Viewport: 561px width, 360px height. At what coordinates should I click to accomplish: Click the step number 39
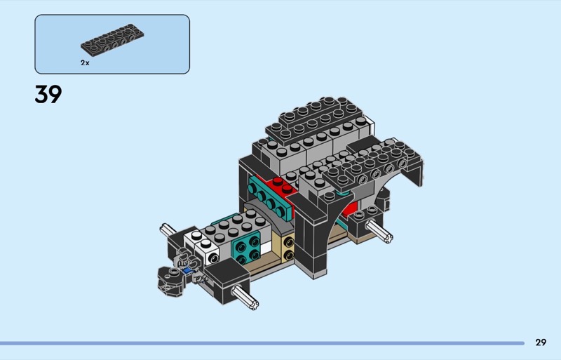(48, 94)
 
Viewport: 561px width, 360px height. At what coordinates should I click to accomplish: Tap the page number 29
(541, 342)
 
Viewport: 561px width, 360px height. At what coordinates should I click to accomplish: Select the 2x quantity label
(85, 62)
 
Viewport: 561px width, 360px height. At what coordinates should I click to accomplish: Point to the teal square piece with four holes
(248, 248)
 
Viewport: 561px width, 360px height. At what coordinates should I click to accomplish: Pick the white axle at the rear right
(379, 231)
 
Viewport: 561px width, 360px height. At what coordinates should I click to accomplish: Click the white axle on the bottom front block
(245, 298)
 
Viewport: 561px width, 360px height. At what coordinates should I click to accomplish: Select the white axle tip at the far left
(168, 230)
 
